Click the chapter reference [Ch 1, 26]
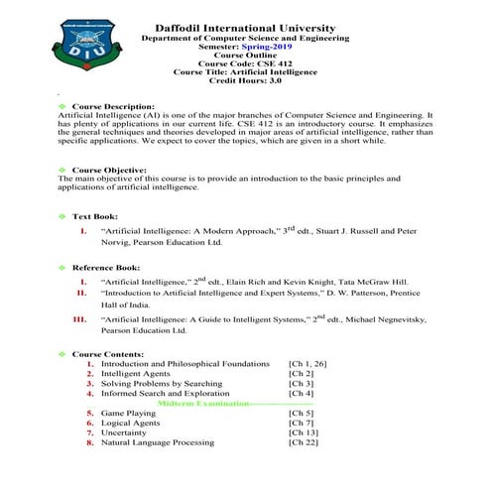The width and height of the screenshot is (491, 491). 307,364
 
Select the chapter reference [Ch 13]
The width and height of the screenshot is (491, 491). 304,432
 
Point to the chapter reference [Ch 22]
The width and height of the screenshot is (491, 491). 304,442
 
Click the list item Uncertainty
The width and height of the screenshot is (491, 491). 123,432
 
